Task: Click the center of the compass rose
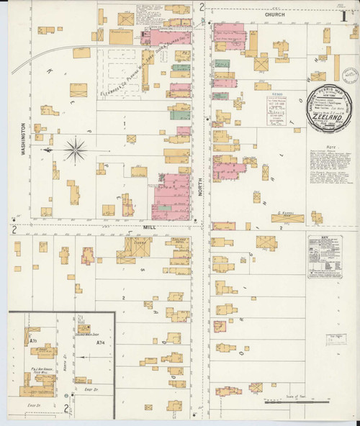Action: coord(76,150)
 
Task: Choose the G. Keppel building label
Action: coord(287,214)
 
